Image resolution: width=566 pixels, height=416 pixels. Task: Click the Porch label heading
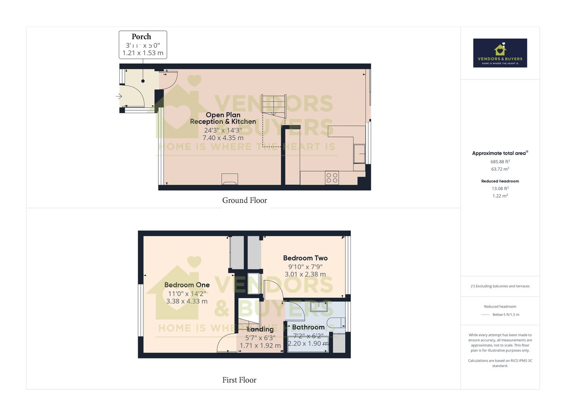141,36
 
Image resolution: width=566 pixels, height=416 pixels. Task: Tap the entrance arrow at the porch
118,97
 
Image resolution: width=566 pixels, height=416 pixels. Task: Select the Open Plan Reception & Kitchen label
223,118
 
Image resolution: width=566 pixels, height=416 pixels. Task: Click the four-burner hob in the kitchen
332,178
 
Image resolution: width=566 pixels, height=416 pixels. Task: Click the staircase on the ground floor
274,107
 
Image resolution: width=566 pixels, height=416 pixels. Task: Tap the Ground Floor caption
244,200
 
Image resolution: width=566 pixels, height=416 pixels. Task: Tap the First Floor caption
239,380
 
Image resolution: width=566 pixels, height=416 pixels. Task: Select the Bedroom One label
187,285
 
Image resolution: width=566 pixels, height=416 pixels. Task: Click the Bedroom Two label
305,258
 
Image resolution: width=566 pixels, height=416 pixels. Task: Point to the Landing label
260,329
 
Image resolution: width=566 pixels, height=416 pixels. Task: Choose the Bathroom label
308,327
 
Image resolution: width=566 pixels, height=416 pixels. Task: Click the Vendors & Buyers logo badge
500,53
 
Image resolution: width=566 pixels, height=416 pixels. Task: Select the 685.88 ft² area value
500,161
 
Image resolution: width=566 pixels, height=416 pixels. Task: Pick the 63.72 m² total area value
500,169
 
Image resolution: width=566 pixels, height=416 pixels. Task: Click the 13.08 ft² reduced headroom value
500,188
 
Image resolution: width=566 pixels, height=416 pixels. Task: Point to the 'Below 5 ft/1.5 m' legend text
506,315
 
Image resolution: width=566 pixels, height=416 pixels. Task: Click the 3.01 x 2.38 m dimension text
305,274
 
